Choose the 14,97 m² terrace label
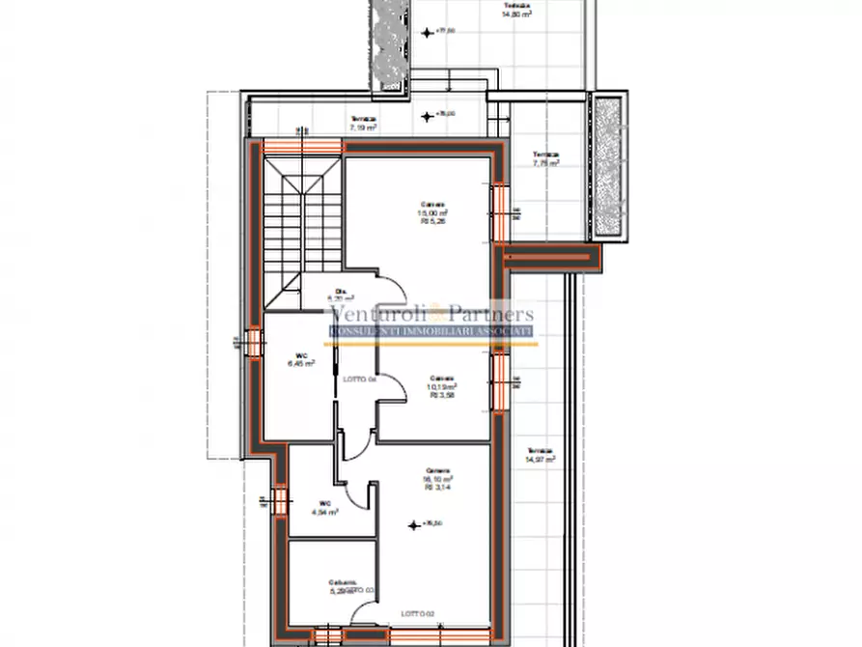click(540, 456)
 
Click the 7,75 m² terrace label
click(545, 159)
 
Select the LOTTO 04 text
click(358, 380)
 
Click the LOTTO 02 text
click(418, 613)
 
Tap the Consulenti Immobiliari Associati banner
click(431, 331)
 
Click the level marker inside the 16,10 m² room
click(415, 524)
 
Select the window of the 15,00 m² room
click(501, 212)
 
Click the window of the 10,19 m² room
click(501, 382)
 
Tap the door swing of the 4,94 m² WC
click(358, 493)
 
